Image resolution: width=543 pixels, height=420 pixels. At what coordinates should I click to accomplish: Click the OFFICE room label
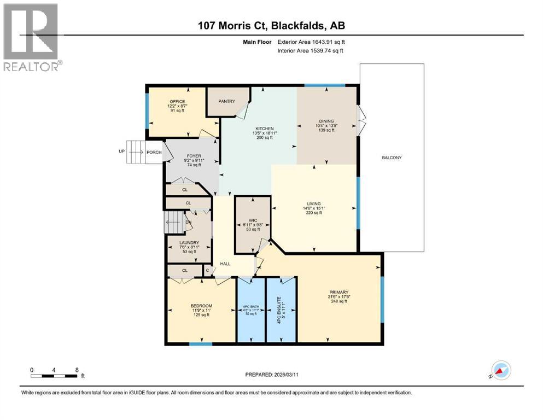[x=177, y=102]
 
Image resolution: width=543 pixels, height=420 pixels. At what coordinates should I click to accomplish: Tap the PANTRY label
[x=226, y=101]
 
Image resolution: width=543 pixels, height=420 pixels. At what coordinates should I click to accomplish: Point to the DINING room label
[x=326, y=121]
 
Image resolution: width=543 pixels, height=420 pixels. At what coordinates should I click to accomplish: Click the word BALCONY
[x=392, y=158]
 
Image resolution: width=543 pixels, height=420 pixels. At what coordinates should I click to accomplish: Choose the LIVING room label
[x=314, y=203]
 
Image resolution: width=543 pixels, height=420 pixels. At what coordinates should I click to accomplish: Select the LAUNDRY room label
[x=189, y=242]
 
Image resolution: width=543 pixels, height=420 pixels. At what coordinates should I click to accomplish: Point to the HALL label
[x=225, y=264]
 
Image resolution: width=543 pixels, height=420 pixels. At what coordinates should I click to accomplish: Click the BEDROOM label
[x=201, y=306]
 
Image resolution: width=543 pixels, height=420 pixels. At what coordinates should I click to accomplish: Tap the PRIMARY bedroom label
[x=339, y=292]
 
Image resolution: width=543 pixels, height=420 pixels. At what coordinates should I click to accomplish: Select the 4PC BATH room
[x=250, y=310]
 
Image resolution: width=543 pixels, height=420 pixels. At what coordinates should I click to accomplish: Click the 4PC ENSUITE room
[x=281, y=310]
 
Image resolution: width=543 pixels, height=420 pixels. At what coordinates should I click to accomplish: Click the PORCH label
[x=154, y=152]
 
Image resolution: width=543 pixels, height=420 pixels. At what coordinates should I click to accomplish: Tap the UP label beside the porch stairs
[x=122, y=151]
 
